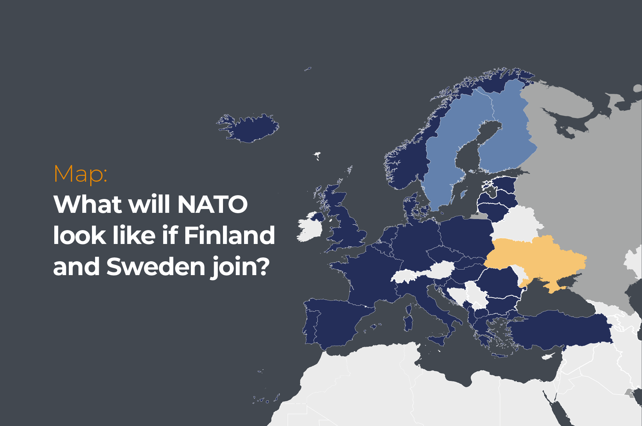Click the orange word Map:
click(x=81, y=174)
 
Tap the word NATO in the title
click(x=212, y=205)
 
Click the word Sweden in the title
click(x=156, y=266)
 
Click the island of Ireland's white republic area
click(x=309, y=230)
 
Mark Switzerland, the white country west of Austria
click(x=404, y=277)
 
